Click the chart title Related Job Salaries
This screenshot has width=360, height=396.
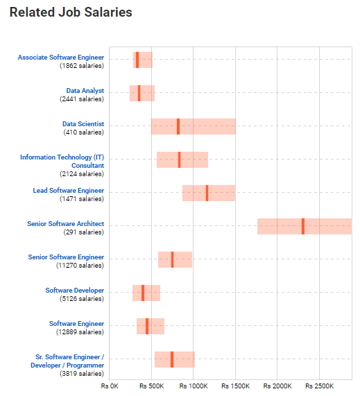(71, 12)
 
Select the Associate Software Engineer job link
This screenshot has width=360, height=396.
(61, 58)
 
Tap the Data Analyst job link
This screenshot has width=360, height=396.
(85, 91)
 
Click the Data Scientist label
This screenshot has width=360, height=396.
(83, 124)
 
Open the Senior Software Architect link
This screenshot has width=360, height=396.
(66, 224)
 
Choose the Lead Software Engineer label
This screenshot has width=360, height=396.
(69, 191)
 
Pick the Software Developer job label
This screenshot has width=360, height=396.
(75, 291)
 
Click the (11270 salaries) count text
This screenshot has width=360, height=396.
(80, 266)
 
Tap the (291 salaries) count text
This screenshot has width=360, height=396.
(83, 232)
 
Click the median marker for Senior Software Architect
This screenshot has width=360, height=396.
(302, 226)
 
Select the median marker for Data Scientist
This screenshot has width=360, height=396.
(178, 126)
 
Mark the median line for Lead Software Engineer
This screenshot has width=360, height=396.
(207, 193)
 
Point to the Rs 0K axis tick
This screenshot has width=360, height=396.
(110, 386)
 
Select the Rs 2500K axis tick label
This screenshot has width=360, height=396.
(319, 386)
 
